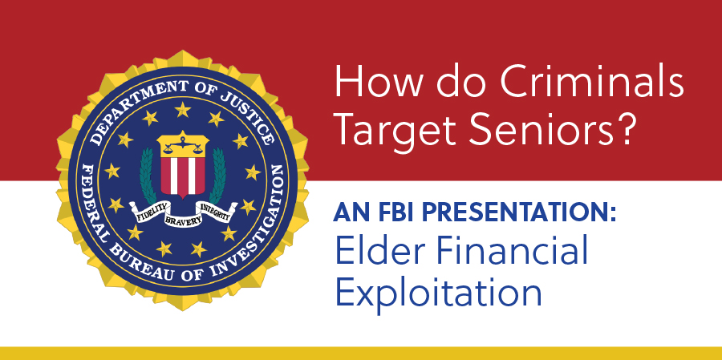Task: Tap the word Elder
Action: point(369,250)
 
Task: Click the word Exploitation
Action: point(439,294)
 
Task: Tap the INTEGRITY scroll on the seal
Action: point(216,212)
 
